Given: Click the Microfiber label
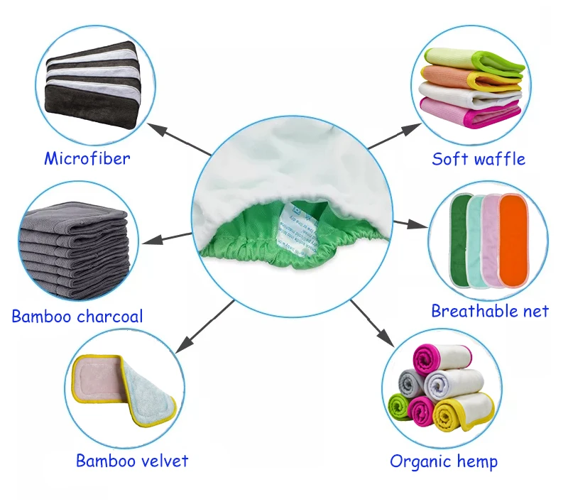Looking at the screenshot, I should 87,158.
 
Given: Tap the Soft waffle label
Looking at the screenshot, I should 479,158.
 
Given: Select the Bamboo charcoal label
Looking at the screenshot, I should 77,316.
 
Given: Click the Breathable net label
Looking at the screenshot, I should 490,311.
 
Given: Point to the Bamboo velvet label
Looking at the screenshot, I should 132,461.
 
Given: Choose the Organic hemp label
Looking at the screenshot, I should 444,461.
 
